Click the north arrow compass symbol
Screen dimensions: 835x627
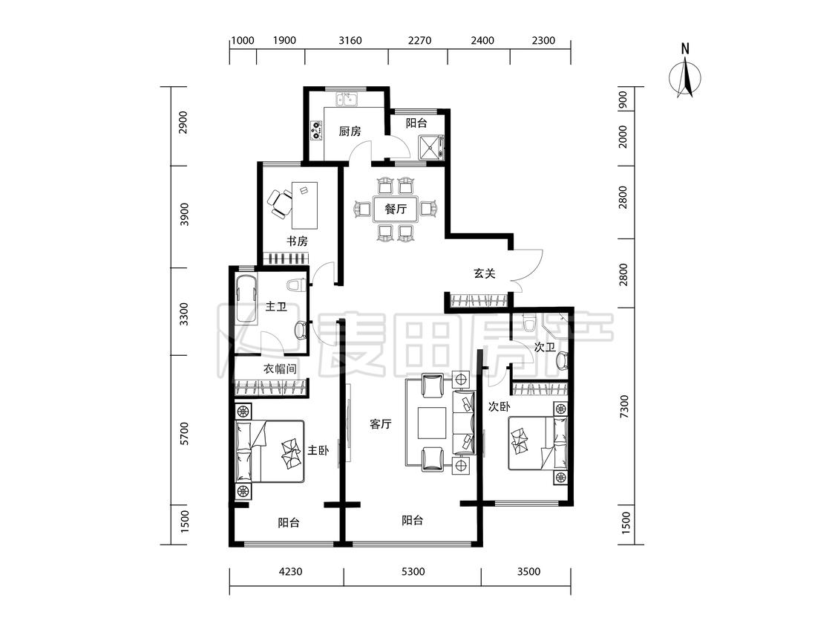coord(685,74)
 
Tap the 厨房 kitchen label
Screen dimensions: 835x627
coord(350,131)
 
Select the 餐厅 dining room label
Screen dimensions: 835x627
coord(396,209)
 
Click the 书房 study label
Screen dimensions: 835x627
coord(297,241)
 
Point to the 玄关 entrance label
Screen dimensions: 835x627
coord(485,273)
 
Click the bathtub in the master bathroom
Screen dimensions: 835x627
coord(245,299)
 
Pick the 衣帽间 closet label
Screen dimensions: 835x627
coord(280,369)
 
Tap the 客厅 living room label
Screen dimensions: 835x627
coord(381,424)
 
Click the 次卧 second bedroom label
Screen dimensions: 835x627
coord(499,407)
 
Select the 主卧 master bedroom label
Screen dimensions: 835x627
coord(318,450)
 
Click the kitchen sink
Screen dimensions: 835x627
coord(346,99)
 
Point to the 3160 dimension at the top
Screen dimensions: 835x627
coord(350,41)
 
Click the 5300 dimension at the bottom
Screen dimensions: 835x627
coord(413,571)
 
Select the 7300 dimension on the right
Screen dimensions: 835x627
coord(624,406)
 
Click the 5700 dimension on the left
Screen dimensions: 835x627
coord(184,433)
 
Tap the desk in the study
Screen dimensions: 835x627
coord(304,205)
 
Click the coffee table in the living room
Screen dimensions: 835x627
coord(432,423)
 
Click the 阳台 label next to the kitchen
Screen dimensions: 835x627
coord(416,123)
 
